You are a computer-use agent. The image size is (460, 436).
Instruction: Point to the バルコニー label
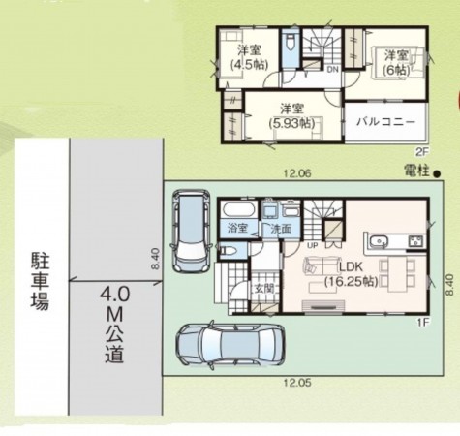385,121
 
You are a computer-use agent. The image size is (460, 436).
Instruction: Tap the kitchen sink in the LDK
376,240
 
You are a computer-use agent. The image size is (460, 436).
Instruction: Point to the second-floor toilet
290,48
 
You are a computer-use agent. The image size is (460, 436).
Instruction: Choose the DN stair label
331,70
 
